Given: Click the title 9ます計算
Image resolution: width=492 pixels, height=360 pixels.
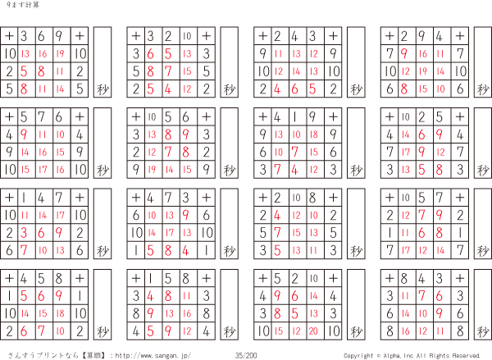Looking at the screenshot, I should pos(16,7).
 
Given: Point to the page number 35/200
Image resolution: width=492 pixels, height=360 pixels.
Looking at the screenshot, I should pos(246,355).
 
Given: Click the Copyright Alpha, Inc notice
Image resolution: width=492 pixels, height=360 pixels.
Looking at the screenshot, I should pos(412,355).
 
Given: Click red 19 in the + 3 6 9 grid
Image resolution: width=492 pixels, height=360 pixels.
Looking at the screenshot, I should pos(61,53).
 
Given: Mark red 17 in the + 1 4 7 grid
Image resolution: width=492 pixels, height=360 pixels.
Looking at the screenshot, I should pos(61,215).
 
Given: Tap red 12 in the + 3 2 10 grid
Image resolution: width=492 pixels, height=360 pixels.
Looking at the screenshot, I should pos(187,89).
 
